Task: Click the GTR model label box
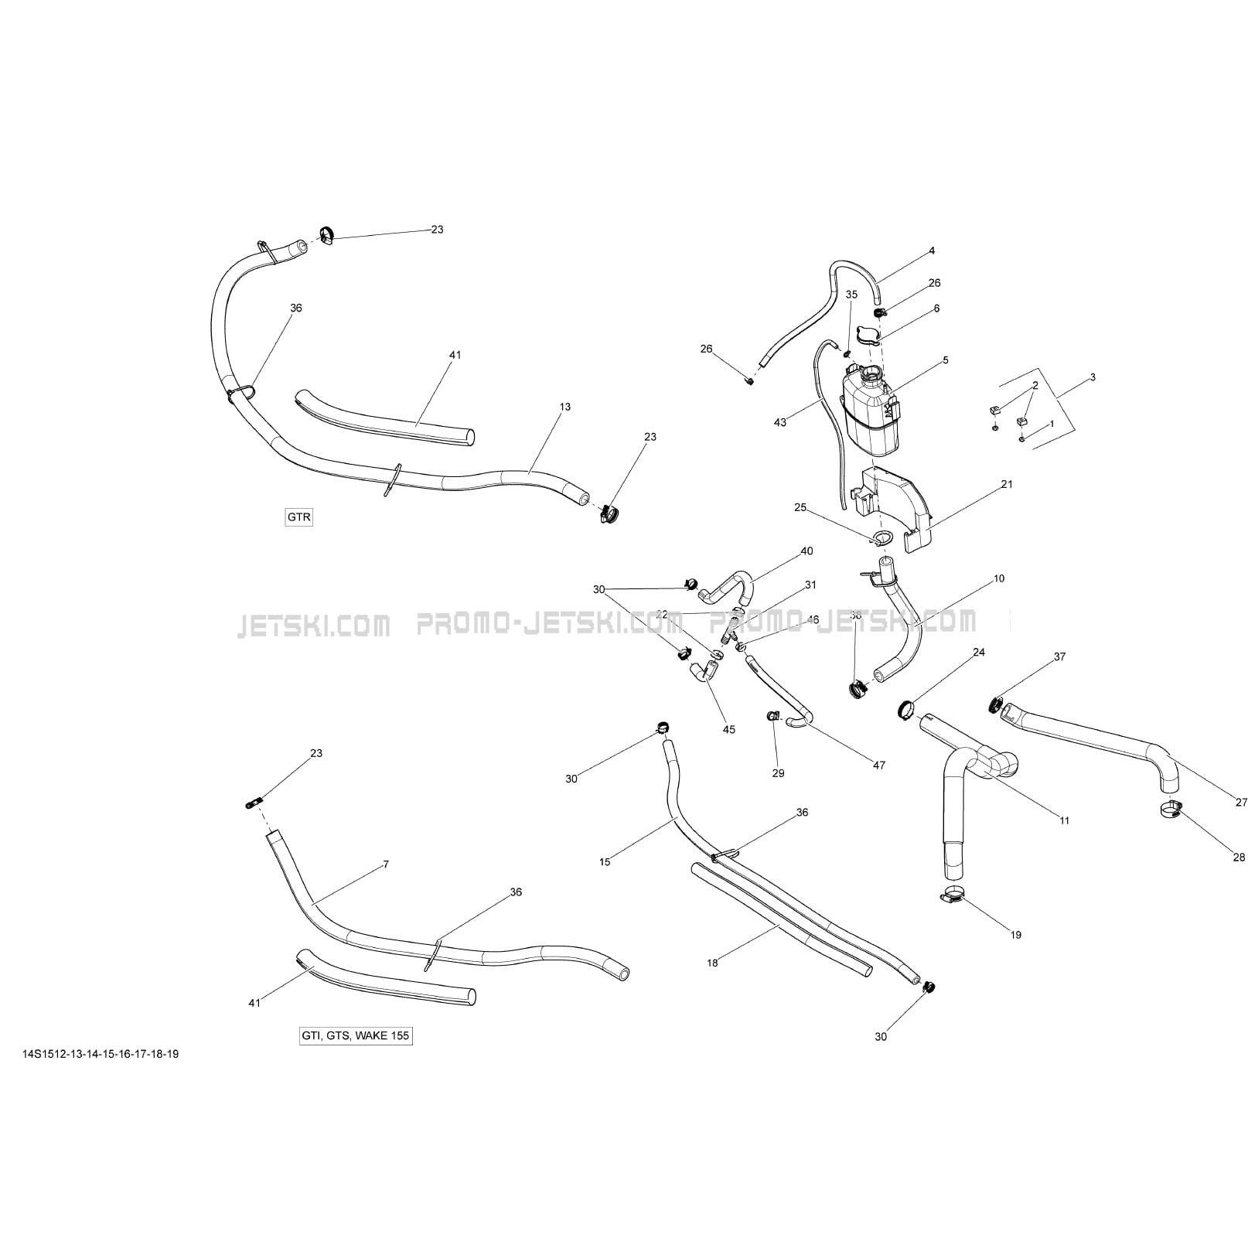click(x=299, y=517)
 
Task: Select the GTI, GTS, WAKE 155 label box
click(x=356, y=1036)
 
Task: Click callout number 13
click(x=565, y=407)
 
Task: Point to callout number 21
click(x=1006, y=484)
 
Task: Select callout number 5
click(x=945, y=360)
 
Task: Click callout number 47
click(x=878, y=765)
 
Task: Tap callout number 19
click(x=1016, y=935)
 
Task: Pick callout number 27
click(x=1241, y=803)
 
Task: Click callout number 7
click(x=386, y=864)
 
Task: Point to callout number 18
click(x=712, y=963)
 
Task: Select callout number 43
click(x=780, y=422)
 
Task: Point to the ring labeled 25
click(x=881, y=538)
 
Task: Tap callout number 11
click(x=1064, y=820)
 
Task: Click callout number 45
click(x=729, y=729)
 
